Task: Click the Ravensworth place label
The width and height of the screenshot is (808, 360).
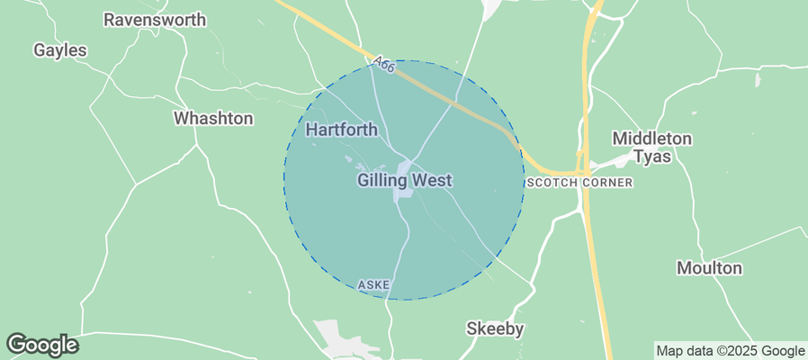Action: tap(155, 19)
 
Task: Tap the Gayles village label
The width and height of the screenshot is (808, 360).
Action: tap(60, 50)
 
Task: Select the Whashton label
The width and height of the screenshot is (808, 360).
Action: tap(213, 118)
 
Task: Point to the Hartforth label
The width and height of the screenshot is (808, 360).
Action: tap(342, 130)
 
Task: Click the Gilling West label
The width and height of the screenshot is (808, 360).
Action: tap(404, 180)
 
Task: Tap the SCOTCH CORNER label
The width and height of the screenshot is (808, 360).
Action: tap(579, 183)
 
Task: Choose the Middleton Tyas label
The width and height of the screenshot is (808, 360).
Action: tap(652, 148)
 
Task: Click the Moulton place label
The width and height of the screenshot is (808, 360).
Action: tap(710, 268)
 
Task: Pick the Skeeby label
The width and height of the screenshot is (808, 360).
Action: tap(495, 328)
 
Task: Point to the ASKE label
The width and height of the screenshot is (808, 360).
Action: tap(373, 284)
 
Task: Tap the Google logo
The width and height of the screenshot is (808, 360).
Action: tap(41, 344)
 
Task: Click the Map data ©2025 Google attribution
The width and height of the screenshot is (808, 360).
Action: tap(730, 351)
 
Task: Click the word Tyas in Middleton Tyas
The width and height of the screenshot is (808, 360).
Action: tap(652, 157)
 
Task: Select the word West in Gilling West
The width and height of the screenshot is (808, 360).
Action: tap(432, 180)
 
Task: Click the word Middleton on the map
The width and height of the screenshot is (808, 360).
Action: tap(652, 139)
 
